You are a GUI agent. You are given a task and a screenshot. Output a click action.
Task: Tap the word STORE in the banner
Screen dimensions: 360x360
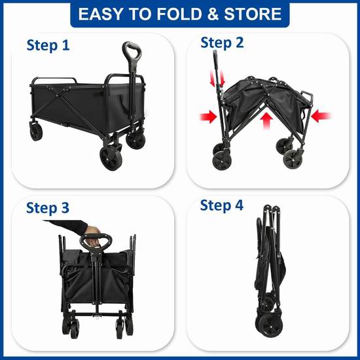[253, 14]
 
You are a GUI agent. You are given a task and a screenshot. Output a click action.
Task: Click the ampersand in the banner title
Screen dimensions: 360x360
[213, 14]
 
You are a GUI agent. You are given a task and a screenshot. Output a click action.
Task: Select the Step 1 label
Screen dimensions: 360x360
[48, 45]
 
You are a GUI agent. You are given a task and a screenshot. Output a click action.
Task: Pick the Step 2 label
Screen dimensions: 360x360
[222, 43]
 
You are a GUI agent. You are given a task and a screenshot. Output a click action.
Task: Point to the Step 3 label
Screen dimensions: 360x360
[48, 207]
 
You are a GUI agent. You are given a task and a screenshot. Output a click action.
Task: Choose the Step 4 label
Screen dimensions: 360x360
[221, 205]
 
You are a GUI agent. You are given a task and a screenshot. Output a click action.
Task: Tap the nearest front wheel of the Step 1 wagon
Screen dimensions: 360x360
[111, 158]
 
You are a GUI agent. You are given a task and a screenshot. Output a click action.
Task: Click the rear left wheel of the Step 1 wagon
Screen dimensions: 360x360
[36, 131]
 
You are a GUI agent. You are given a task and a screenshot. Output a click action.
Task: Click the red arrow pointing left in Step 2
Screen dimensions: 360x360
[321, 116]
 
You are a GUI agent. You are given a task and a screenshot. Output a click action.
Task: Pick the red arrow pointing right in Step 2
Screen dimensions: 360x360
[208, 117]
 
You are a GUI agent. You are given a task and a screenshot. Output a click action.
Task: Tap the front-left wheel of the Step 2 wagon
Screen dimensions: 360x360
[222, 160]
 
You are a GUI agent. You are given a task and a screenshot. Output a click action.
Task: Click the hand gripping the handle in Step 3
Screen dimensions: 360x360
[94, 236]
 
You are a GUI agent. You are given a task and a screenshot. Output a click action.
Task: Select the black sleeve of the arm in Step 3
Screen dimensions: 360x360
[67, 225]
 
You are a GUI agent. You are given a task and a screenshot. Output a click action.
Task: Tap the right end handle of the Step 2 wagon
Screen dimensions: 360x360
[307, 96]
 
